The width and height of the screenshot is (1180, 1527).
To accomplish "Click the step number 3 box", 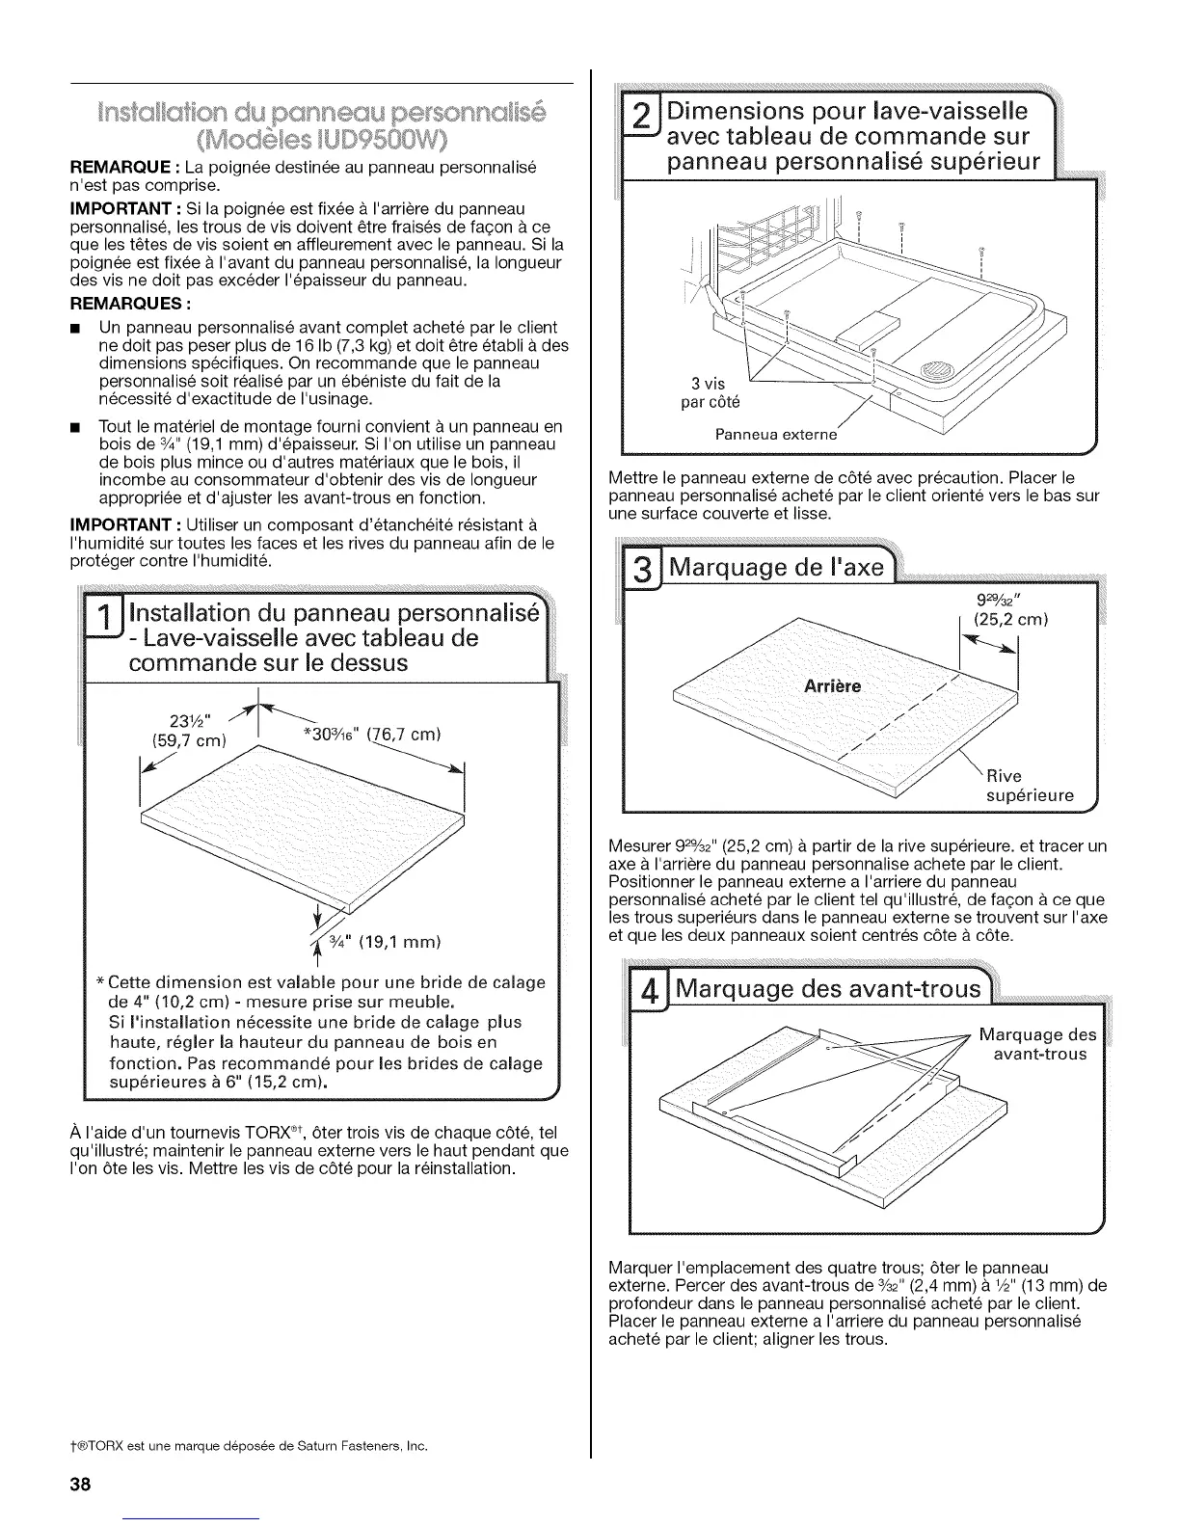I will pyautogui.click(x=638, y=568).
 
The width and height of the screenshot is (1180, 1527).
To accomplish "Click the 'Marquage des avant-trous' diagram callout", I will pyautogui.click(x=1037, y=1044).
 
